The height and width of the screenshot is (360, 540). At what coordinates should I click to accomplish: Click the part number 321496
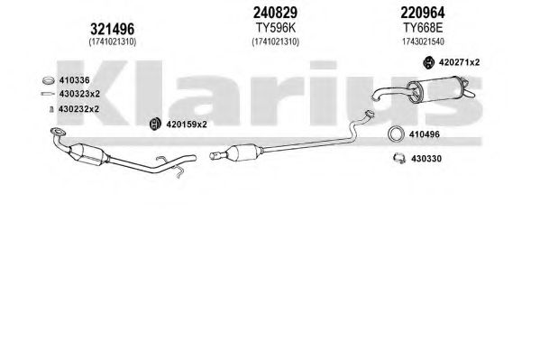click(x=113, y=29)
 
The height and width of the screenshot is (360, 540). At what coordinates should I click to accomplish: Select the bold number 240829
click(x=275, y=13)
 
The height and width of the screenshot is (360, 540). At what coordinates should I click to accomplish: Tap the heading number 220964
click(x=423, y=13)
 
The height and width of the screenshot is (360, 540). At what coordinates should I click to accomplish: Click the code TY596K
click(x=276, y=28)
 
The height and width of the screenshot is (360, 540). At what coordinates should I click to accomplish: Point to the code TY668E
click(x=423, y=28)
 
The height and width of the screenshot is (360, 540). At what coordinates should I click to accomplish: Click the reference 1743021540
click(x=423, y=42)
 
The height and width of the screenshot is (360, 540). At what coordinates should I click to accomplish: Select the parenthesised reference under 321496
click(x=113, y=42)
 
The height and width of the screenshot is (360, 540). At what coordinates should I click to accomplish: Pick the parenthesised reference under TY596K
click(x=276, y=42)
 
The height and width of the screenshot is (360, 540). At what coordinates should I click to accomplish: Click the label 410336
click(x=75, y=80)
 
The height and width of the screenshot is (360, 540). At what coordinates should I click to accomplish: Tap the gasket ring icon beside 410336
click(x=48, y=80)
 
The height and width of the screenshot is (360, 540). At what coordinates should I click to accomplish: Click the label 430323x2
click(x=79, y=94)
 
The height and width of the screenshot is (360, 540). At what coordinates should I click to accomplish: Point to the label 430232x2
click(x=78, y=109)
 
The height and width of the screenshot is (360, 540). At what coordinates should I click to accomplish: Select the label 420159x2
click(x=187, y=125)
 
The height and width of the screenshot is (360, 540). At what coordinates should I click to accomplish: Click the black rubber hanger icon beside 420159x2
click(x=156, y=124)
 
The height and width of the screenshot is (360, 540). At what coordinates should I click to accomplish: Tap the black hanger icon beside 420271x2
click(x=428, y=62)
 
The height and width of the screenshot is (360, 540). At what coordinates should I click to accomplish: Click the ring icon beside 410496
click(x=396, y=134)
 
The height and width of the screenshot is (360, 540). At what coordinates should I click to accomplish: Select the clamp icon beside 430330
click(x=399, y=158)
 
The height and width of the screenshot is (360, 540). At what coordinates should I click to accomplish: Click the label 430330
click(x=426, y=159)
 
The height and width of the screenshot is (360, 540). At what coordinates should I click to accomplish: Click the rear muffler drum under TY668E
click(x=435, y=89)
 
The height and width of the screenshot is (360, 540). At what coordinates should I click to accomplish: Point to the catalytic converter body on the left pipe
click(x=87, y=154)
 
